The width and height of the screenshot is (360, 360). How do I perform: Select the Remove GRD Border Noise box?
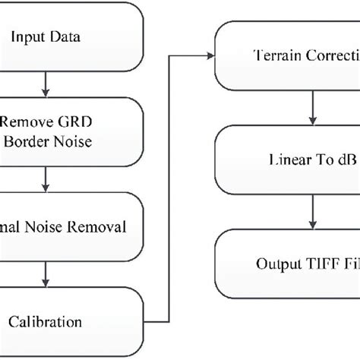point(68,129)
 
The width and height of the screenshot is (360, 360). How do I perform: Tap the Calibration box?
point(68,322)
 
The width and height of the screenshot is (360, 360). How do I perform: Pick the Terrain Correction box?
point(289,55)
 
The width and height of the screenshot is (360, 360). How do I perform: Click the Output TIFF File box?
point(289,264)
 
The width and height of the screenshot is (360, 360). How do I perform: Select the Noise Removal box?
point(68,226)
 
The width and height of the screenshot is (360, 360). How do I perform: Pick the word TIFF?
point(324,264)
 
